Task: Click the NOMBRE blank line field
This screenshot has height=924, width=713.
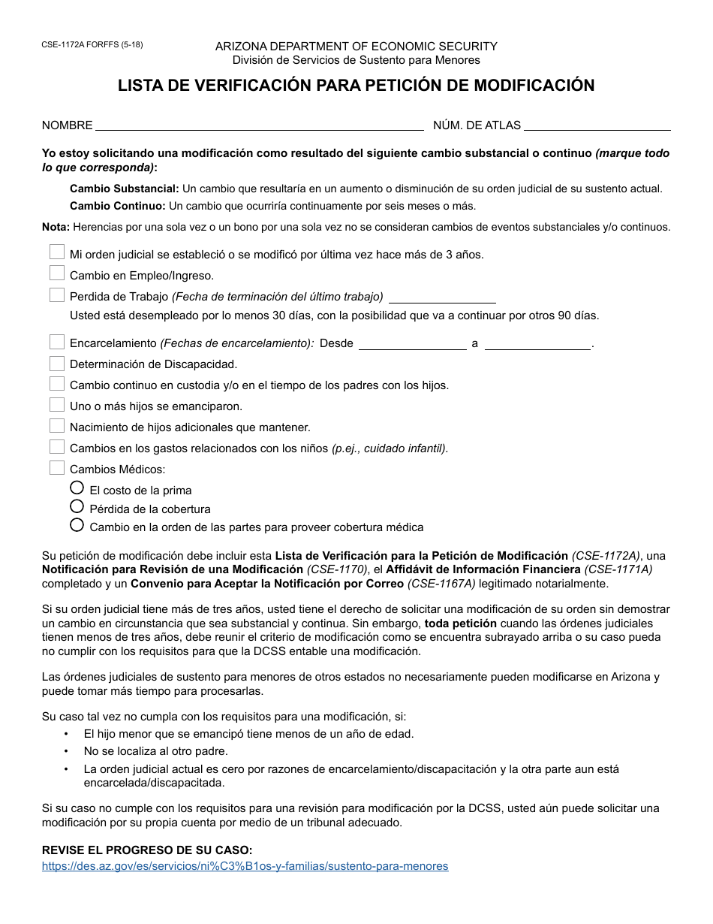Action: tap(259, 125)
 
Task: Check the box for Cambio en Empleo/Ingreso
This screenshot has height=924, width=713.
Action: tap(57, 273)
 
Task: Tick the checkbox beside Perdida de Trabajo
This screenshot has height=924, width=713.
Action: tap(57, 294)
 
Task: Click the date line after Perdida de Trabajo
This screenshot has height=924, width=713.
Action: tap(442, 297)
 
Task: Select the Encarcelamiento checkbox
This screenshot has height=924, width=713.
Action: tap(57, 342)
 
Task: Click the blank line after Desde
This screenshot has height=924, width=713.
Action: tap(413, 344)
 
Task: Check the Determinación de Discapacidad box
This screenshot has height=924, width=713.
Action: tap(57, 363)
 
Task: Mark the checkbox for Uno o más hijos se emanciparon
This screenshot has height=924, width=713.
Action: tap(57, 405)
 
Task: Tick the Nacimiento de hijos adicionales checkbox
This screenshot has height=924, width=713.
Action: tap(57, 426)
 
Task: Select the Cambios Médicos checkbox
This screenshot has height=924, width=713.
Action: tap(57, 468)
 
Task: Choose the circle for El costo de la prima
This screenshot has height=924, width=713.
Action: tap(77, 488)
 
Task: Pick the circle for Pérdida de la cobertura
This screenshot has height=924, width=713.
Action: tap(77, 506)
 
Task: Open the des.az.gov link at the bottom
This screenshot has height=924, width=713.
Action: tap(245, 866)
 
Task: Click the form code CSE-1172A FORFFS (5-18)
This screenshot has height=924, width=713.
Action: tap(92, 44)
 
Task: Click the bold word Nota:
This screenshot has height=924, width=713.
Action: tap(56, 227)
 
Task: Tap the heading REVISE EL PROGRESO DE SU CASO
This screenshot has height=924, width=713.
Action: tap(147, 850)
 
